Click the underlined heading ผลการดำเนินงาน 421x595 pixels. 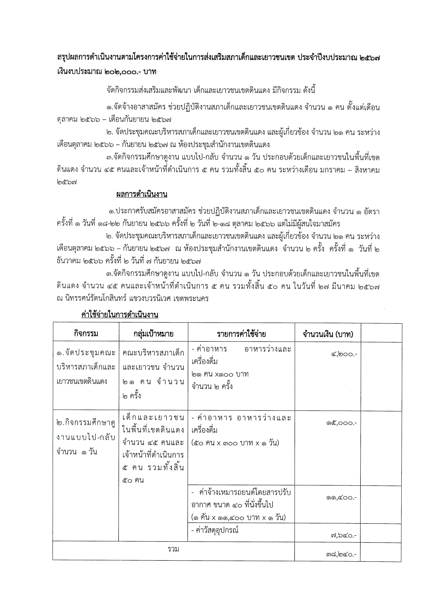pos(142,194)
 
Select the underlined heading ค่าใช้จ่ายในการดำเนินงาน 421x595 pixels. pos(120,315)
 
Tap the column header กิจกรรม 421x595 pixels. pos(86,334)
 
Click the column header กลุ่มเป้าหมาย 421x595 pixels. pos(153,334)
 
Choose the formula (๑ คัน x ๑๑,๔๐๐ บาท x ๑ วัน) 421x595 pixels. pos(238,517)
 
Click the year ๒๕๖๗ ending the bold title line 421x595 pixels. pos(370,58)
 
